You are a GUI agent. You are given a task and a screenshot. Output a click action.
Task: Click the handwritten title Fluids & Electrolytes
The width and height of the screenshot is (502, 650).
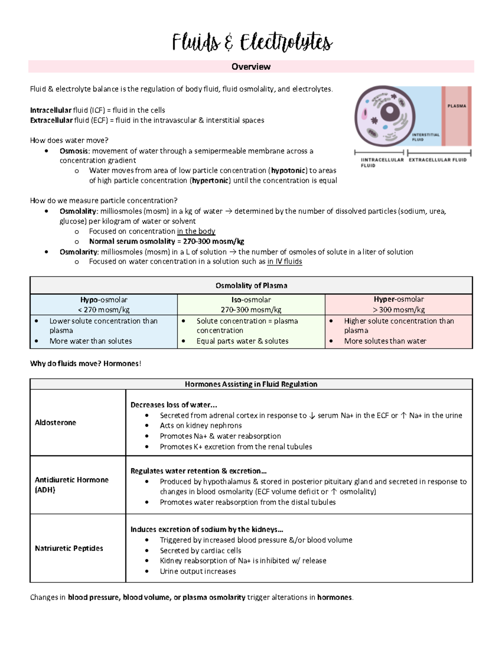pyautogui.click(x=252, y=43)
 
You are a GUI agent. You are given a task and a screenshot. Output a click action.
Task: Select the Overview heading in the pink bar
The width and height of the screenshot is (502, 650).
pyautogui.click(x=251, y=67)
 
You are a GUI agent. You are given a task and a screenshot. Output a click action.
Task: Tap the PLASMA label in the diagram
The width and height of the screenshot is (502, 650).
pyautogui.click(x=456, y=106)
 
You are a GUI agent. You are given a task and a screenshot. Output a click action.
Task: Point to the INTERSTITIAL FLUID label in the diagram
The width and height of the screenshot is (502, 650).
pyautogui.click(x=425, y=137)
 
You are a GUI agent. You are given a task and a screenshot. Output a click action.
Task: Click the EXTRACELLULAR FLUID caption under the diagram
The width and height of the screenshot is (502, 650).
pyautogui.click(x=437, y=160)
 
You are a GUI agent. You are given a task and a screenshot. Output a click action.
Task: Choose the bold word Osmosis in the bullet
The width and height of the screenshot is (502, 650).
pyautogui.click(x=74, y=151)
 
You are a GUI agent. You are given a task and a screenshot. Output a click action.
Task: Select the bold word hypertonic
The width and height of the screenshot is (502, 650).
pyautogui.click(x=210, y=181)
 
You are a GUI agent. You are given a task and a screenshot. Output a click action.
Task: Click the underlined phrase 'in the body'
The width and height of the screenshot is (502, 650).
pyautogui.click(x=196, y=231)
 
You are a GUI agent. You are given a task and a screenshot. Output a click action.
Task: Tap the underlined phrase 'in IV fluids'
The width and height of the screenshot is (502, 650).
pyautogui.click(x=284, y=262)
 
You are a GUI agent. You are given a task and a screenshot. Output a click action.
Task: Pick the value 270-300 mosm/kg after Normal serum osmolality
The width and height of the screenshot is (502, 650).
pyautogui.click(x=213, y=241)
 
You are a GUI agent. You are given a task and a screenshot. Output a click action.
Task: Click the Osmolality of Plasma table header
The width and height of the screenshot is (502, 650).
pyautogui.click(x=251, y=286)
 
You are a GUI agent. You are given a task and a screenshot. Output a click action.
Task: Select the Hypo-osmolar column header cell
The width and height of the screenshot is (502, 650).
pyautogui.click(x=104, y=305)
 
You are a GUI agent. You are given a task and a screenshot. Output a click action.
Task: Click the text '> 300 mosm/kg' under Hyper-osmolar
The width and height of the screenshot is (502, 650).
pyautogui.click(x=399, y=310)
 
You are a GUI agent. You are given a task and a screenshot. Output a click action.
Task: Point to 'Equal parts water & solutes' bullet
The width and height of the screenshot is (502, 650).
pyautogui.click(x=242, y=341)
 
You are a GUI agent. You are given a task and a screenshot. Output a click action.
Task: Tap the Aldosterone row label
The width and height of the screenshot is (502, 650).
pyautogui.click(x=55, y=423)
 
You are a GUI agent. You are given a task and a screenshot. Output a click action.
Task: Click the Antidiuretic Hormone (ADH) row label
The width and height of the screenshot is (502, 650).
pyautogui.click(x=72, y=485)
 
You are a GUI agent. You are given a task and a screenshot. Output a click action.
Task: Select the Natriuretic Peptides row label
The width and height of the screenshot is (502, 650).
pyautogui.click(x=69, y=548)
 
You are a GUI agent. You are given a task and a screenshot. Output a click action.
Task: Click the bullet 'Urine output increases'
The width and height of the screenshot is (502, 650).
pyautogui.click(x=197, y=571)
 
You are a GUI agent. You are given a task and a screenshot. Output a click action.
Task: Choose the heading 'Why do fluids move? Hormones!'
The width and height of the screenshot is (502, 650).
pyautogui.click(x=86, y=364)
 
